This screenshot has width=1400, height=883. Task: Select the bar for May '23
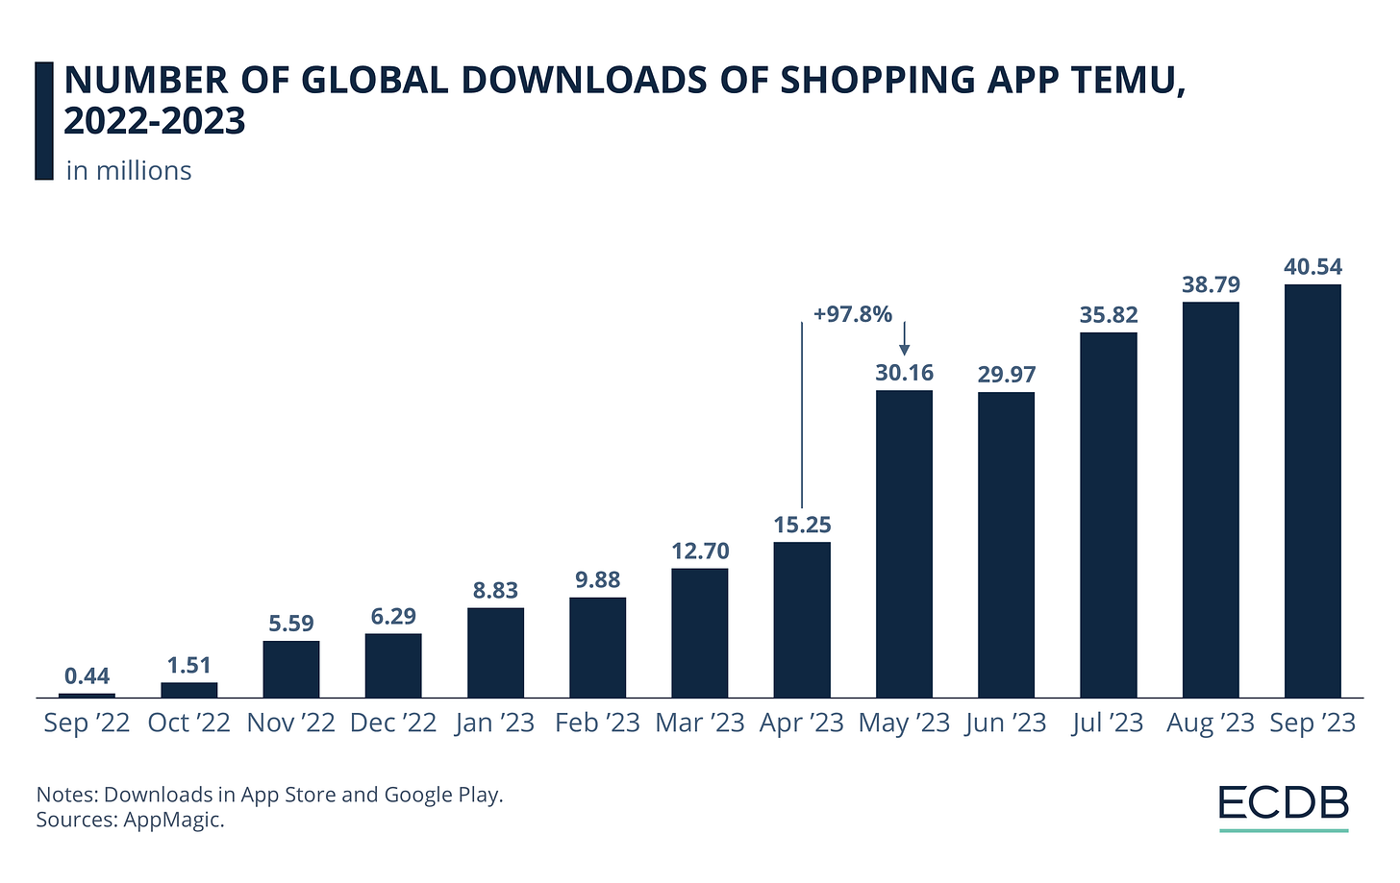click(x=904, y=543)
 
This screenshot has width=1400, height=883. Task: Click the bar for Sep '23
click(x=1312, y=490)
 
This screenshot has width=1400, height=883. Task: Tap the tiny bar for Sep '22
click(x=87, y=695)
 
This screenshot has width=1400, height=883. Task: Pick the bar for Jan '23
click(x=495, y=652)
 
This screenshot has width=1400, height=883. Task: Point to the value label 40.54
click(x=1312, y=267)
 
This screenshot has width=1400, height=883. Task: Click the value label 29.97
click(x=1006, y=375)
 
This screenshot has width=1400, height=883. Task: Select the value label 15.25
click(x=802, y=526)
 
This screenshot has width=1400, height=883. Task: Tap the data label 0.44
click(x=87, y=676)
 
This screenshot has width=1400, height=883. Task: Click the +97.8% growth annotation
click(x=852, y=314)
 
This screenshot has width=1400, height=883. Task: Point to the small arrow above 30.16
click(x=904, y=339)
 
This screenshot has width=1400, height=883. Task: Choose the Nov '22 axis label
click(x=290, y=723)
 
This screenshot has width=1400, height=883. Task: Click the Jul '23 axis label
click(x=1108, y=723)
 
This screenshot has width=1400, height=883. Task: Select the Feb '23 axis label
click(x=597, y=723)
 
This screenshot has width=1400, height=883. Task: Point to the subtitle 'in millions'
click(x=129, y=171)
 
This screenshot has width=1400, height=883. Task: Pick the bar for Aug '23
click(x=1210, y=500)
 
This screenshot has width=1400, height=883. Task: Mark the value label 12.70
click(x=700, y=552)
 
